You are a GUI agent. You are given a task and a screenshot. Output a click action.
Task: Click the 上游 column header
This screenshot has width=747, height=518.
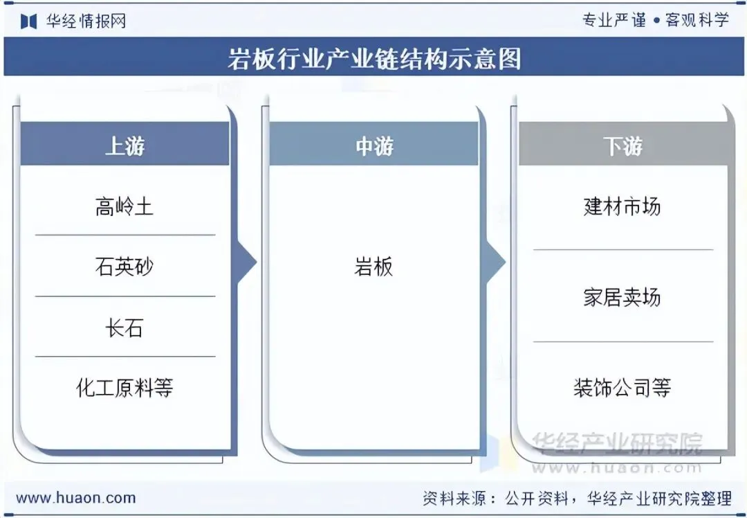point(124,145)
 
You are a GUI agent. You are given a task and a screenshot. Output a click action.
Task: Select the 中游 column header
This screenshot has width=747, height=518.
point(373,145)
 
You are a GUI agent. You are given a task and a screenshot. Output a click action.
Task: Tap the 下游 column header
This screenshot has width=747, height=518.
point(622,145)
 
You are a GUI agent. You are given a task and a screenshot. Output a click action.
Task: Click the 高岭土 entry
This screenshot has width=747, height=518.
point(124,206)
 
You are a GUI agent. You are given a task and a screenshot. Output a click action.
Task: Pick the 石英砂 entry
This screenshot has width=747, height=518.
point(124,267)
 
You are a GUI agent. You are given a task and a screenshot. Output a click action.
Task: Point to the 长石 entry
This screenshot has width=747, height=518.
point(124,327)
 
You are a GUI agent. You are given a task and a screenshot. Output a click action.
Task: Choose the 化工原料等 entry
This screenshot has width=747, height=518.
point(124,387)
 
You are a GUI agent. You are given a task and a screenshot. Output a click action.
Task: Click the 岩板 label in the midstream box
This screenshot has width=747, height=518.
point(373,267)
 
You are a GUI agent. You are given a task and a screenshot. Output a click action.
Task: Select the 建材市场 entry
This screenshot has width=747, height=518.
point(622,206)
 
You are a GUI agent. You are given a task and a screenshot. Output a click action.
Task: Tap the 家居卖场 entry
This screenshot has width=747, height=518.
point(622,297)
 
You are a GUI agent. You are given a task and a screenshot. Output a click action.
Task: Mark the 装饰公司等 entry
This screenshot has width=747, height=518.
point(622,387)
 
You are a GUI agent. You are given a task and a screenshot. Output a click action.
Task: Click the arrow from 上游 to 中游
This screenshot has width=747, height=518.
point(247,262)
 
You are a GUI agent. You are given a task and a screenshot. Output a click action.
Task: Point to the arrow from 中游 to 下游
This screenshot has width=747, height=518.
point(495,262)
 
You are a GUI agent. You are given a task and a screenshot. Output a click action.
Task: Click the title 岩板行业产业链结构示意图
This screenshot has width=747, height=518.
point(373,59)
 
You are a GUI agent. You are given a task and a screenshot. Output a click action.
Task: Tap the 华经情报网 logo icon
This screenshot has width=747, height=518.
point(28,21)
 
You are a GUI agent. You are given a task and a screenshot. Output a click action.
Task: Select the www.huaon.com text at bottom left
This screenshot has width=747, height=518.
point(75,497)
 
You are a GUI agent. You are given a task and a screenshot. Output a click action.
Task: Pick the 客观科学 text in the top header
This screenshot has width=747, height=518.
point(697,19)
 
